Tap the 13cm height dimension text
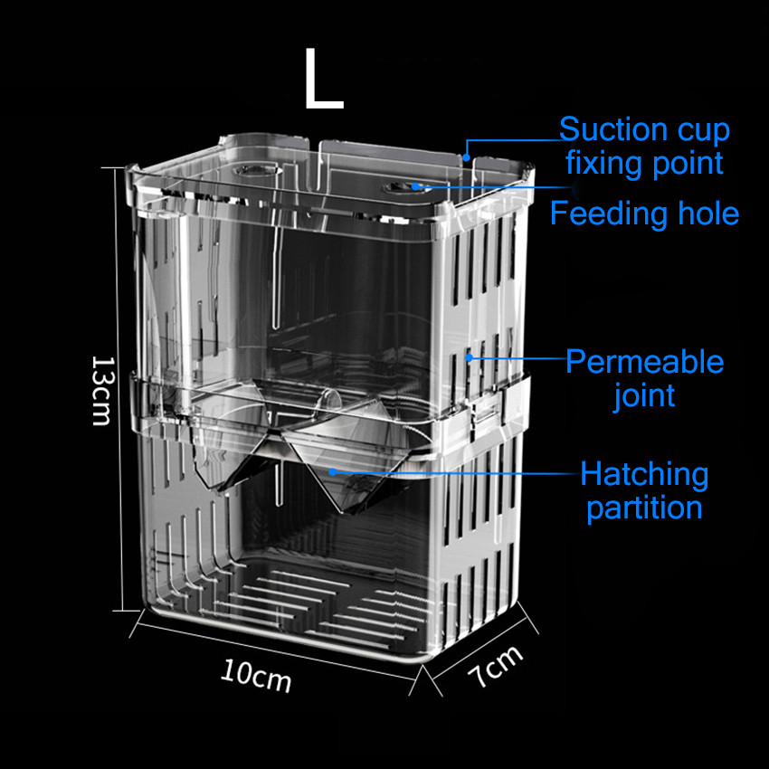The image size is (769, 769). point(101,389)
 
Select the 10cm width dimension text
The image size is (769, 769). point(256,674)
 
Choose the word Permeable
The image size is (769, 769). point(644,362)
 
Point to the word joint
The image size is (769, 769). point(644,395)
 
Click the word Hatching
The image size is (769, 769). point(644,473)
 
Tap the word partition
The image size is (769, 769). point(644,508)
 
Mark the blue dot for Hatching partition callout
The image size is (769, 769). point(333,471)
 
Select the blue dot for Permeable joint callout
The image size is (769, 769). point(470,358)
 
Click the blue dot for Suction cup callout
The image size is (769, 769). point(467,156)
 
